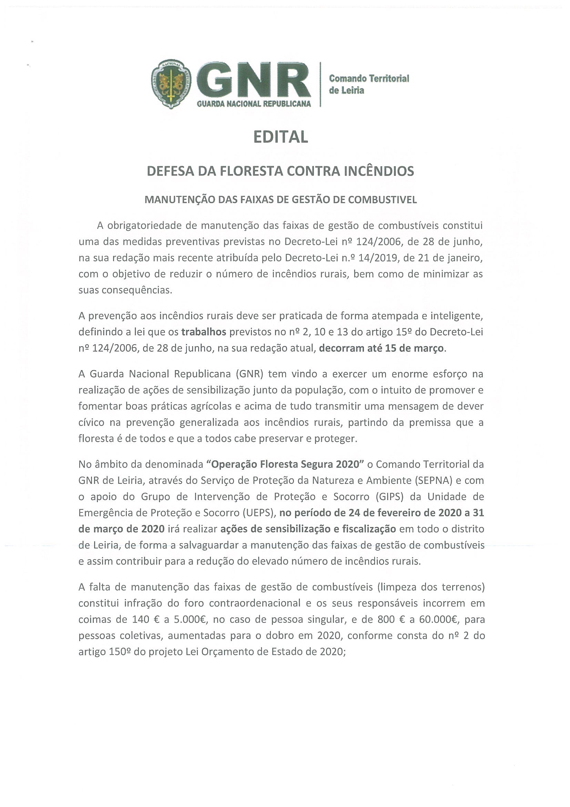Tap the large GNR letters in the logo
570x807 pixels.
pos(254,82)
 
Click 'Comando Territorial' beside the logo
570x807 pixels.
pos(369,78)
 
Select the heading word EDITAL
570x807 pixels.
pos(281,137)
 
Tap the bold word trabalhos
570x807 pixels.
pos(204,332)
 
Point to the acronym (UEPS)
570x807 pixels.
pos(258,513)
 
